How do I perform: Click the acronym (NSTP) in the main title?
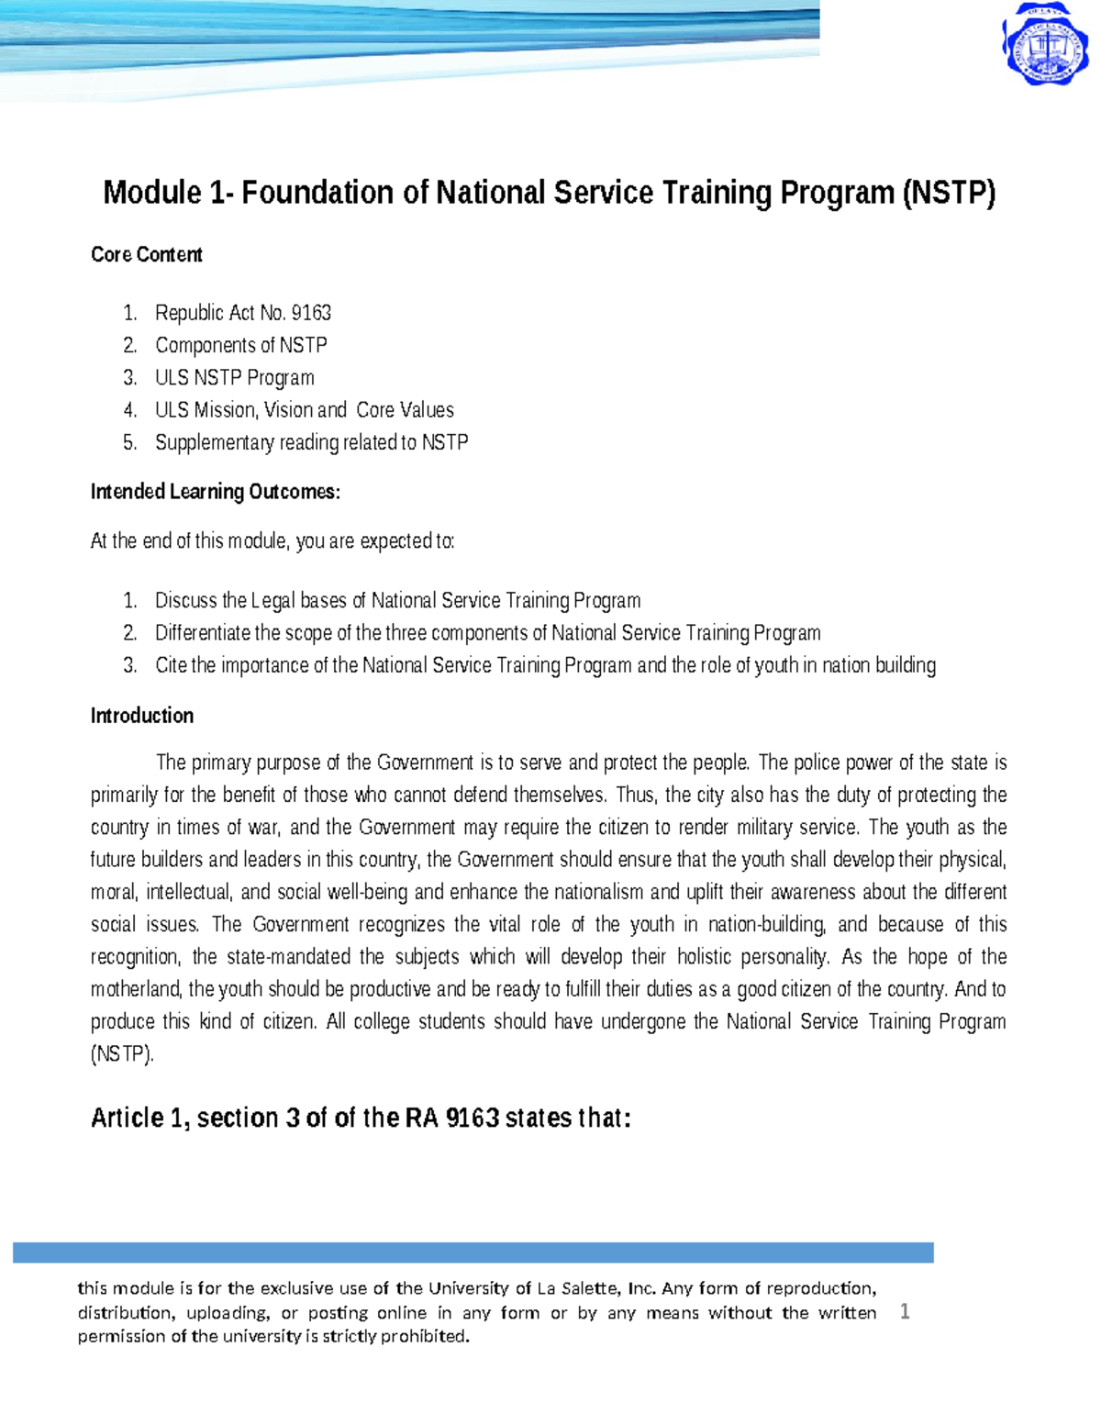pyautogui.click(x=949, y=193)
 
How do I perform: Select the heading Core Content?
pyautogui.click(x=146, y=254)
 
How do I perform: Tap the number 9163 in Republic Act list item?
pyautogui.click(x=310, y=313)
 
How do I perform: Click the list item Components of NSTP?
pyautogui.click(x=240, y=345)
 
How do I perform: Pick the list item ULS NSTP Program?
pyautogui.click(x=234, y=377)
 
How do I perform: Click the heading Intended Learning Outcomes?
pyautogui.click(x=215, y=492)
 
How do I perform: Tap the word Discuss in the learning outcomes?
pyautogui.click(x=186, y=601)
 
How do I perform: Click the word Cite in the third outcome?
pyautogui.click(x=171, y=665)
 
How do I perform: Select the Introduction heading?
pyautogui.click(x=141, y=716)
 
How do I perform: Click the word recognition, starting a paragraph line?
pyautogui.click(x=135, y=957)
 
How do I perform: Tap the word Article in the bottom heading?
pyautogui.click(x=127, y=1118)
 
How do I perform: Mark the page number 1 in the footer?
pyautogui.click(x=905, y=1311)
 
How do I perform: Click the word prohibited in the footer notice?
pyautogui.click(x=424, y=1336)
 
